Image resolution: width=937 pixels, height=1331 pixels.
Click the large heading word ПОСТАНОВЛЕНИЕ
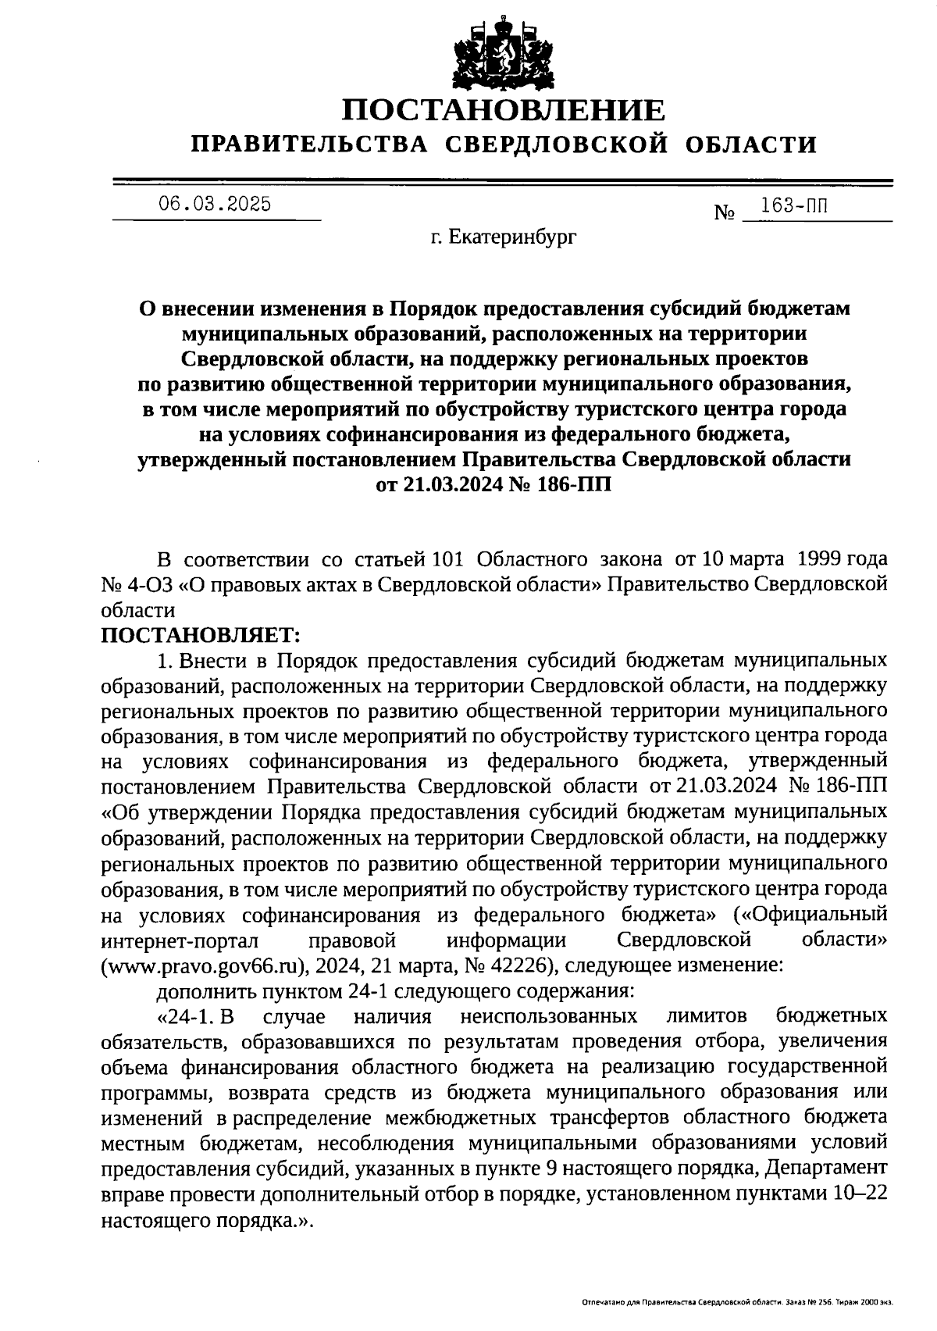click(x=504, y=110)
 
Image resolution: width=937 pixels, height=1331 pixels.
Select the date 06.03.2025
click(x=216, y=205)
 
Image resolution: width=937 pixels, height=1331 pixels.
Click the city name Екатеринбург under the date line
click(x=511, y=236)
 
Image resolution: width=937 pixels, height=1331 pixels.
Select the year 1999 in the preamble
click(x=814, y=559)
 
